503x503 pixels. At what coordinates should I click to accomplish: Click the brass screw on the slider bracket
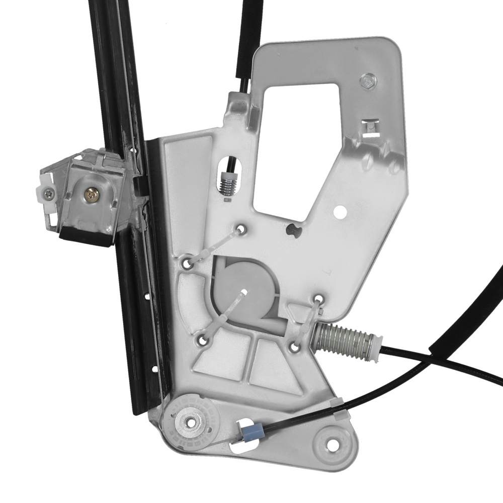pos(91,194)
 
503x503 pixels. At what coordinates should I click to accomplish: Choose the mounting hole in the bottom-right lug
pos(332,445)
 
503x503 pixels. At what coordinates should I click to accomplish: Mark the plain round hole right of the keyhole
pos(341,212)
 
